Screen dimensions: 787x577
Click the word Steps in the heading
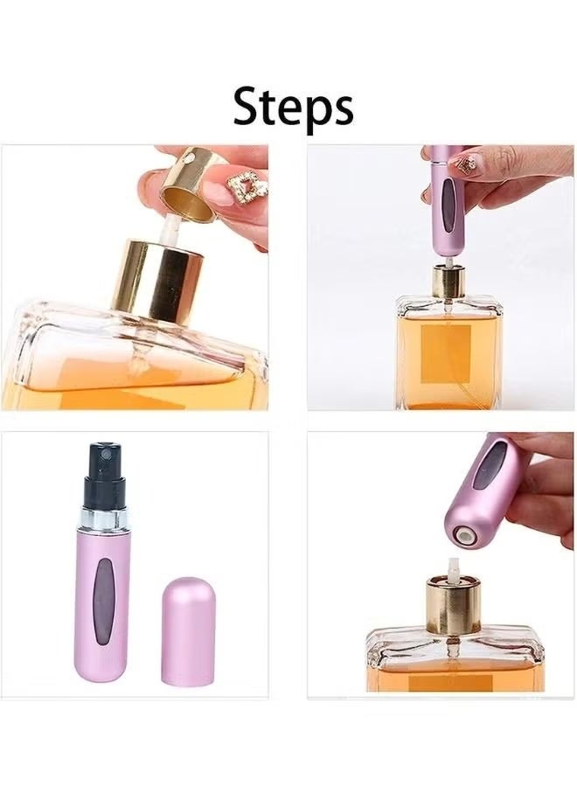(x=293, y=107)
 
